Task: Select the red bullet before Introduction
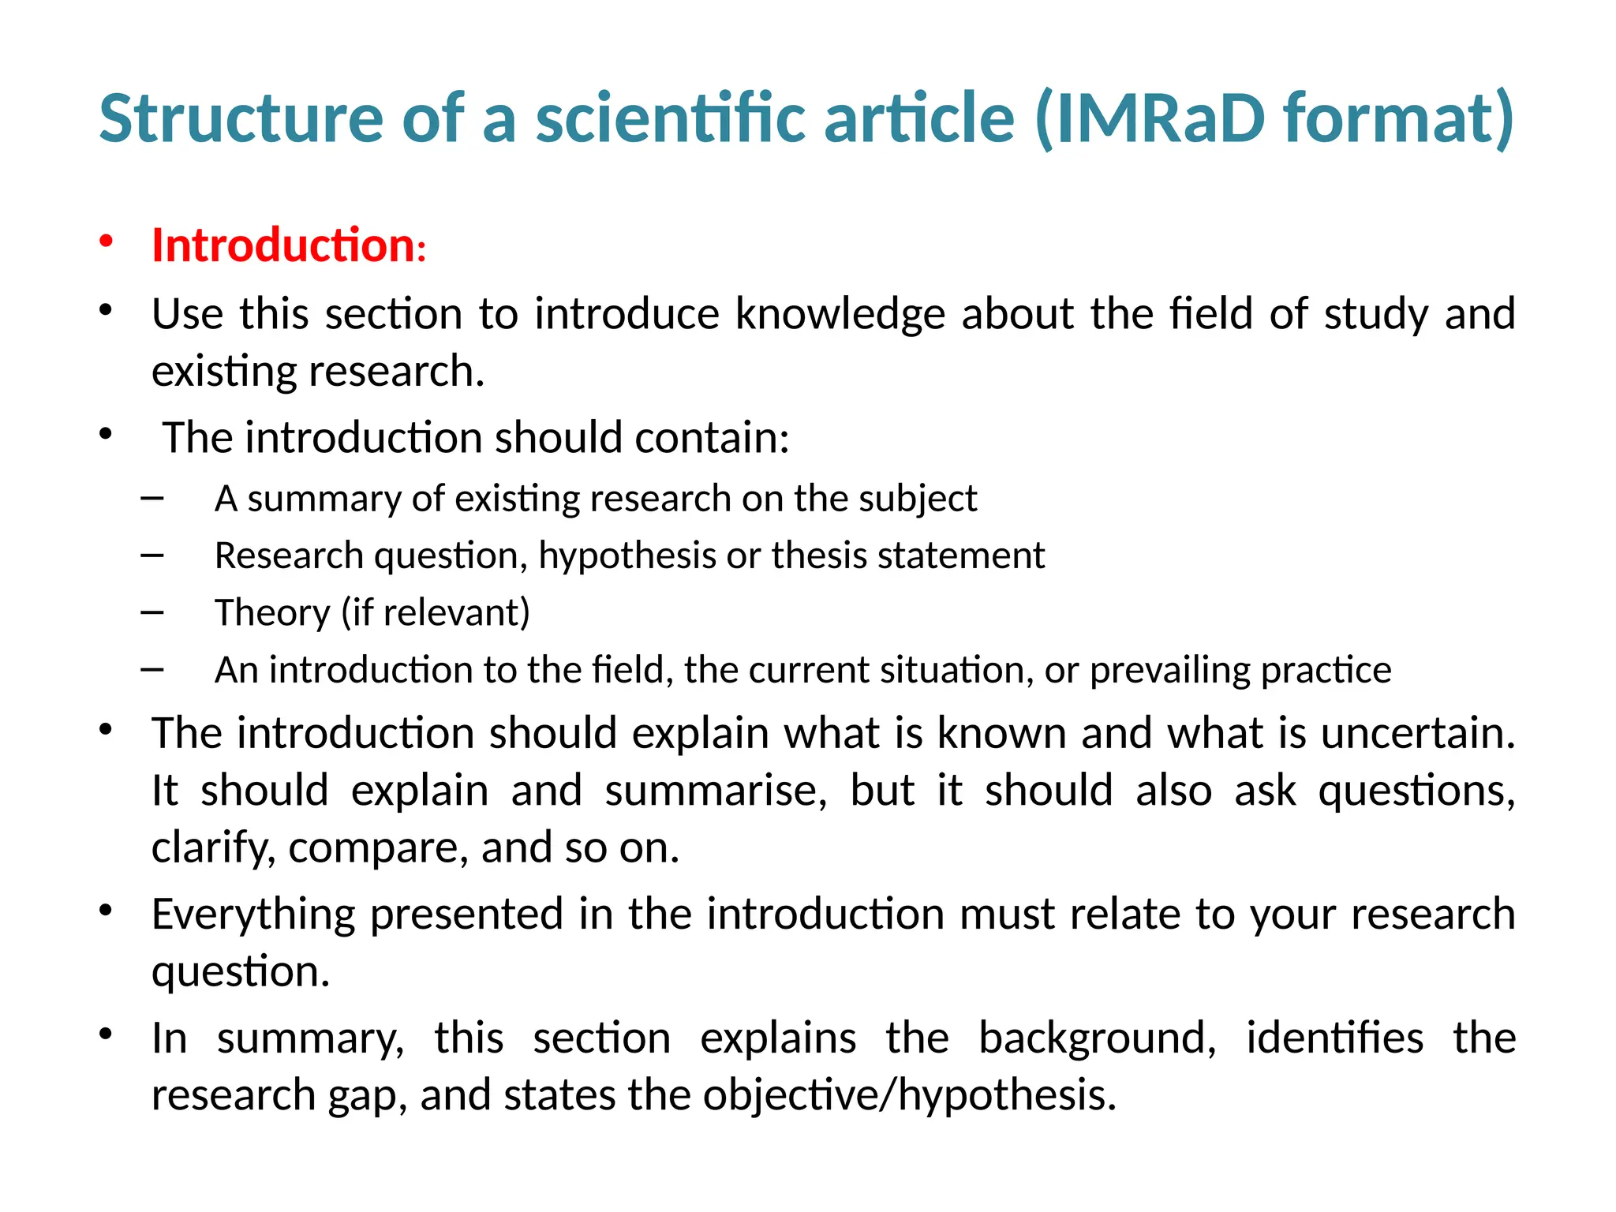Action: point(107,241)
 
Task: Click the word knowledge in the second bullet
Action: point(840,314)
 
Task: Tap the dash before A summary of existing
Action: point(152,499)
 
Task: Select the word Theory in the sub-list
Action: point(272,613)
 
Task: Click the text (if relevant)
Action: point(435,613)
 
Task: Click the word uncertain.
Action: point(1418,733)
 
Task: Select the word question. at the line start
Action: point(241,971)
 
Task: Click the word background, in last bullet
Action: point(1097,1038)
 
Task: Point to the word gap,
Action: point(368,1095)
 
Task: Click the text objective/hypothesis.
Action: point(910,1095)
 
